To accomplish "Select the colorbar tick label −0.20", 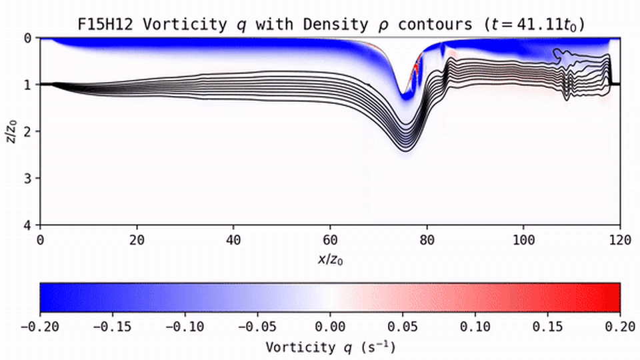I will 40,327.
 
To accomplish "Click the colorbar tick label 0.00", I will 330,327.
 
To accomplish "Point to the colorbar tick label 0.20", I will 620,327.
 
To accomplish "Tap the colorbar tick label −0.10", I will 185,327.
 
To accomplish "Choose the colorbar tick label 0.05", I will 403,327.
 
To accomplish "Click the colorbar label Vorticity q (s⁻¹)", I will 330,347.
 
